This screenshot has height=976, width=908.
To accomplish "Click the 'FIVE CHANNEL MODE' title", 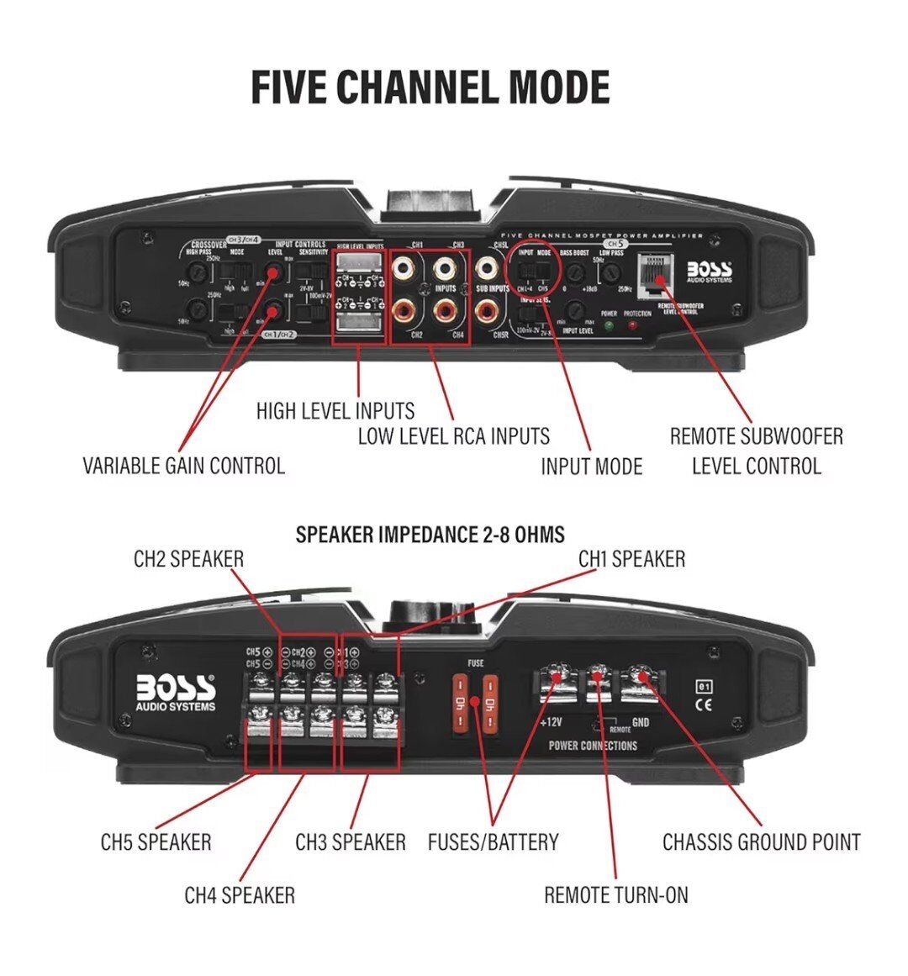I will coord(430,87).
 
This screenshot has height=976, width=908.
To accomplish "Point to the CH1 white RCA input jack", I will coord(406,270).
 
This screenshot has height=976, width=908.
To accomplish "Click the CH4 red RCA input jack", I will coord(446,312).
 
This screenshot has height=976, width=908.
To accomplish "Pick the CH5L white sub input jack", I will coord(487,270).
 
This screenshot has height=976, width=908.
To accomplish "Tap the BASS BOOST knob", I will coord(574,272).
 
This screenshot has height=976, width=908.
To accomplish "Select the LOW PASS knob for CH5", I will coord(613,272).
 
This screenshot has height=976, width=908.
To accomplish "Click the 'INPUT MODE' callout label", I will coord(591,467).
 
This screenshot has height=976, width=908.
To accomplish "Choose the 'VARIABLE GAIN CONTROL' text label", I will coord(183,465).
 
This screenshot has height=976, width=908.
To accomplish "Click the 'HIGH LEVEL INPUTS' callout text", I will coord(335,411).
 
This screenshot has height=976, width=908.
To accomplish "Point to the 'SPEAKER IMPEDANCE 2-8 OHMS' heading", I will coord(430,535).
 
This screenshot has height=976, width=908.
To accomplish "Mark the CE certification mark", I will coord(704,705).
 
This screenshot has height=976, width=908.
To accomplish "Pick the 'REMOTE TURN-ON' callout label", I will coord(615,895).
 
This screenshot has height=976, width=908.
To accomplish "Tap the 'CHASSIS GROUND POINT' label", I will coord(761,841).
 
